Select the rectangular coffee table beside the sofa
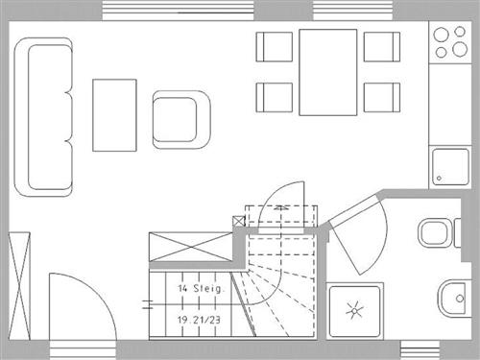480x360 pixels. [114, 114]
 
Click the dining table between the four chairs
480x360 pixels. [327, 72]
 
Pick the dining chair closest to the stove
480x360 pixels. [381, 46]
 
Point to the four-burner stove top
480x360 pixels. [447, 41]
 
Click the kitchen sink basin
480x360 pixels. [449, 165]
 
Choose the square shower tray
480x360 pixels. [355, 309]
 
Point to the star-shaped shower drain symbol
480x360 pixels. [354, 309]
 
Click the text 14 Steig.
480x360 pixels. [200, 287]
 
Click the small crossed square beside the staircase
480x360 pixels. [239, 221]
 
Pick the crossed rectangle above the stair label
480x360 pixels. [192, 247]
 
